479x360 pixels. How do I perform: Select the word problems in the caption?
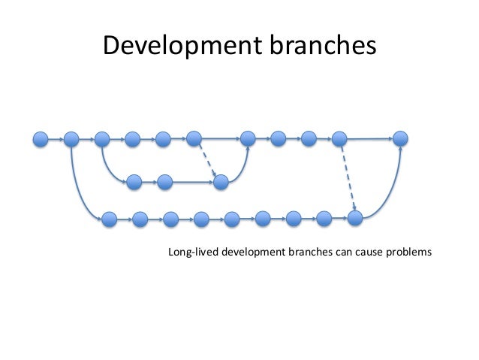pos(408,252)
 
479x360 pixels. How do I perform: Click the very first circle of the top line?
pos(41,139)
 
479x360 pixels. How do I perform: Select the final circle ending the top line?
pos(401,139)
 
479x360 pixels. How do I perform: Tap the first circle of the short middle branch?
pos(134,181)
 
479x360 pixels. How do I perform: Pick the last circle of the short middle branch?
pos(221,181)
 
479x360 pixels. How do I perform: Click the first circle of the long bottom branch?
pos(110,219)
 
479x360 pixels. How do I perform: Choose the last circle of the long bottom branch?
pos(355,218)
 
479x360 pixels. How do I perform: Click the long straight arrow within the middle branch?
pos(193,181)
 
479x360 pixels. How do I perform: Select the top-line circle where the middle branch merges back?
pos(248,139)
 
